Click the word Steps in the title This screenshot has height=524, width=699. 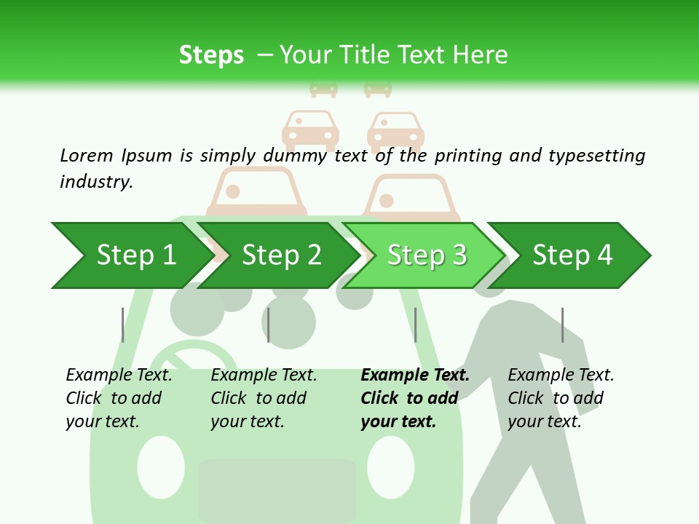211,55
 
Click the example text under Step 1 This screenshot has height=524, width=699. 119,398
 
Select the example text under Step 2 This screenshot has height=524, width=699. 264,398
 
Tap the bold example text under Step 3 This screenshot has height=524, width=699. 415,398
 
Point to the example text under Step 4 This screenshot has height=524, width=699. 561,398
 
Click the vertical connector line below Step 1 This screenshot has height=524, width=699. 122,325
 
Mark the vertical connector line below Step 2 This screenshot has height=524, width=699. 269,325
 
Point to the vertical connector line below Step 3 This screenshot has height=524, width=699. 415,325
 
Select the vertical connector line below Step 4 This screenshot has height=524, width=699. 562,325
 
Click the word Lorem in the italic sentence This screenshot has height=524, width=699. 87,155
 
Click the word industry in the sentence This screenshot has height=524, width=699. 96,181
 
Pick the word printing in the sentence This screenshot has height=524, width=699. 469,155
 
